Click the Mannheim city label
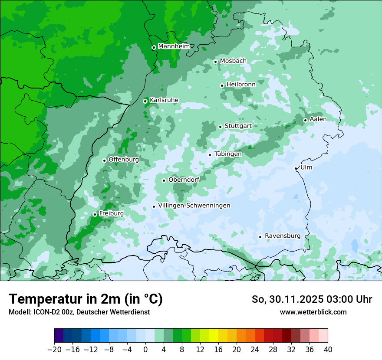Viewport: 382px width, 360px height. click(174, 46)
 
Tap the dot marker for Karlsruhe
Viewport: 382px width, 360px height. click(145, 101)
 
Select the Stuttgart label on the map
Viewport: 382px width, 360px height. click(238, 126)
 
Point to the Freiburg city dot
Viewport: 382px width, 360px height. click(95, 214)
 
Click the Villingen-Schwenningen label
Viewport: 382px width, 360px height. click(194, 206)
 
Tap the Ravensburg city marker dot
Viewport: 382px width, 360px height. click(260, 237)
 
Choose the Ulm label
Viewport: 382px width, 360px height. click(306, 167)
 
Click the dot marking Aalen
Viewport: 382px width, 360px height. click(305, 120)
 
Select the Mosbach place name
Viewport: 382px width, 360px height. click(233, 61)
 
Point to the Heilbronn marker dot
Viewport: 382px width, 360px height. click(222, 85)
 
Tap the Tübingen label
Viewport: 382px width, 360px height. click(228, 154)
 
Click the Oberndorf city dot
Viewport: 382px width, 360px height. click(164, 180)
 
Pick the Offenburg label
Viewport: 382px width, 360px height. click(124, 159)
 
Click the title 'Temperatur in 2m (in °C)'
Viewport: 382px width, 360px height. click(86, 299)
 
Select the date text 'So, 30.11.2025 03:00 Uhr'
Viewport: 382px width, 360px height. click(312, 299)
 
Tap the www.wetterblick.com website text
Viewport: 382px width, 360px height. click(313, 312)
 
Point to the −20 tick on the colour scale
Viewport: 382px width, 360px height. click(55, 350)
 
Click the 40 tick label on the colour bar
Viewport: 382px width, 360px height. click(328, 350)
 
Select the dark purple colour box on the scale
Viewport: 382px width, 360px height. click(59, 336)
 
